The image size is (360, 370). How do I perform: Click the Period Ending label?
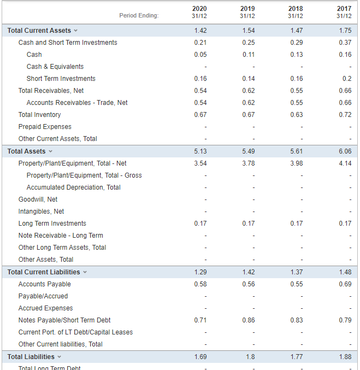point(139,15)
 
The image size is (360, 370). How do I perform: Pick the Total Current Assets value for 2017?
point(345,31)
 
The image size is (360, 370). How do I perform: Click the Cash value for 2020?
point(200,55)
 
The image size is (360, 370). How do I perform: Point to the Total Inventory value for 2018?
point(296,115)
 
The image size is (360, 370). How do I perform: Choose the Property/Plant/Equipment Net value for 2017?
point(345,163)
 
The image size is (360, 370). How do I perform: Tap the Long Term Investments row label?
point(52,224)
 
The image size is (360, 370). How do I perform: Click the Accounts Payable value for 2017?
point(345,284)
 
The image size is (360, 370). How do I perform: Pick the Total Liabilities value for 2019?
point(250,357)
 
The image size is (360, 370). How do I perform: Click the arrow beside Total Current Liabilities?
point(84,272)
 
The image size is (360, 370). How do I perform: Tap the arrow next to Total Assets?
point(51,151)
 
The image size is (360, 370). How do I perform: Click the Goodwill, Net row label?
point(38,199)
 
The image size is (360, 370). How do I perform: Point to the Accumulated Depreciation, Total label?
point(74,187)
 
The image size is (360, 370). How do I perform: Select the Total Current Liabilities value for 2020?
point(200,272)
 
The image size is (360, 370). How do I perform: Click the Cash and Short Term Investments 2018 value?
point(296,43)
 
